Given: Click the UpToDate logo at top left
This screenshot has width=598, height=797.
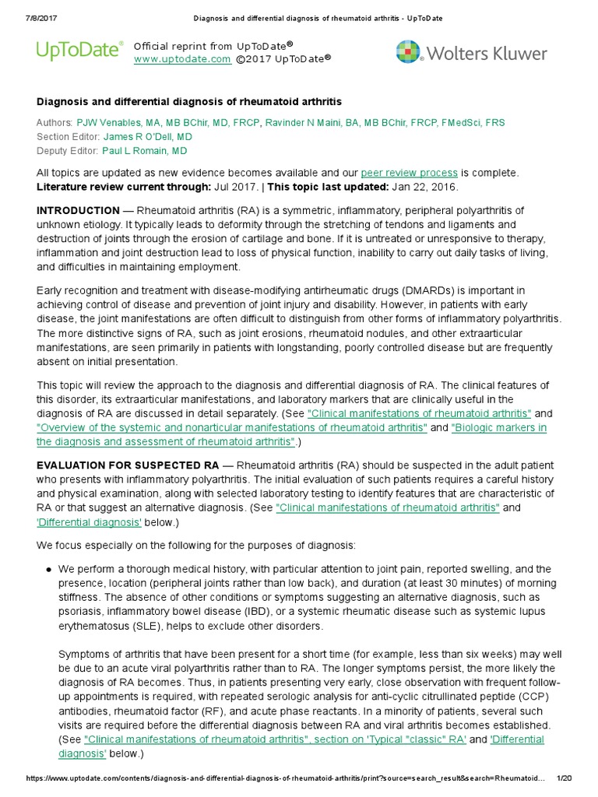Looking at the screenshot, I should (79, 51).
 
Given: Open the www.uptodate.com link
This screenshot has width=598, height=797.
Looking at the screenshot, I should (181, 59).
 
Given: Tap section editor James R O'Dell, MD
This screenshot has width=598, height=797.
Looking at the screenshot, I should (148, 136).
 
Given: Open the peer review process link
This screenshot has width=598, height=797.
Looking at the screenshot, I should (408, 173).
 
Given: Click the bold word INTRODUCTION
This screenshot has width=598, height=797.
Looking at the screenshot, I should (78, 211).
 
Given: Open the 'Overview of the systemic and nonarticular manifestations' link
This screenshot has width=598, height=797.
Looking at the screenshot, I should (232, 428).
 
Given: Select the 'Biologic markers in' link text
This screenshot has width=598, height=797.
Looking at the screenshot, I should (499, 428).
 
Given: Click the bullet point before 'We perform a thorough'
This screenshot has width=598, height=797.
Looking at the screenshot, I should (48, 569).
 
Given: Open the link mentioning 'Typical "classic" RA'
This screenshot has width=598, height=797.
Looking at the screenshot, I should (275, 739).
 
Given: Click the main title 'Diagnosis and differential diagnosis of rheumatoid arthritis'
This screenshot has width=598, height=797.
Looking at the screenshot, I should (189, 102).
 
